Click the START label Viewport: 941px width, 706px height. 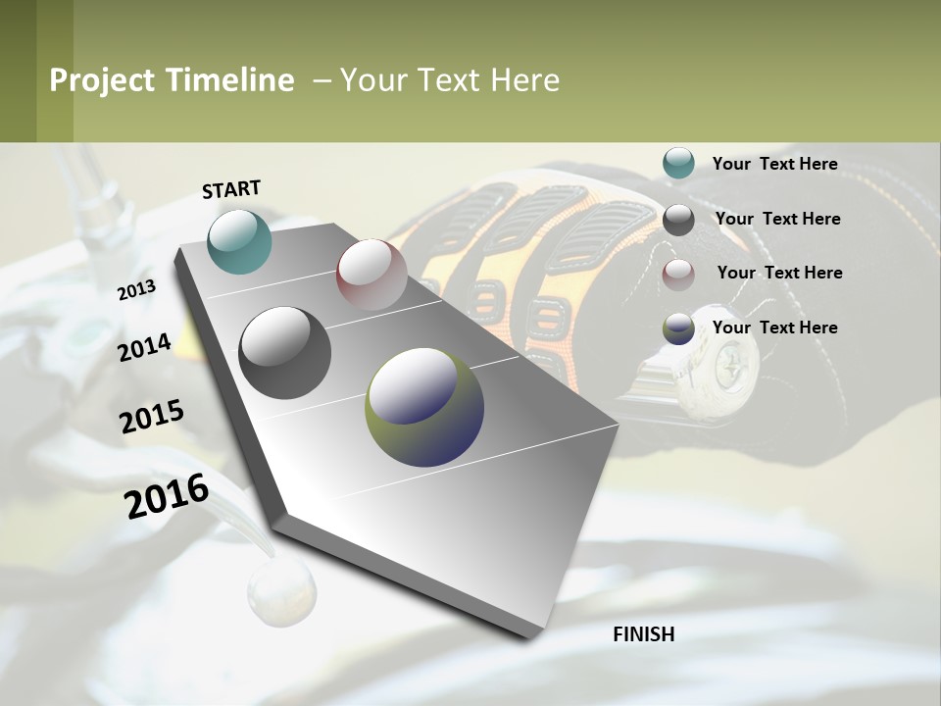[231, 189]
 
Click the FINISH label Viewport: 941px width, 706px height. [644, 634]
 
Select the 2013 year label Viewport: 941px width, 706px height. [136, 290]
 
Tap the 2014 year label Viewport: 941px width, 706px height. [145, 347]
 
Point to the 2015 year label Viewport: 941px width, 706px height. [152, 417]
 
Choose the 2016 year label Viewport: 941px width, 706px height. [167, 496]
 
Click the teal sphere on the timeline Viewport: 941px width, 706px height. [239, 241]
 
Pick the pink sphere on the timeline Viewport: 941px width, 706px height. [371, 274]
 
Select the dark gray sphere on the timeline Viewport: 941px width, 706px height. [285, 353]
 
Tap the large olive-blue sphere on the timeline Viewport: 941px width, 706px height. [424, 407]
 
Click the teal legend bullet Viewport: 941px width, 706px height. [678, 164]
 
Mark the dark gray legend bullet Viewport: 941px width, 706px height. [678, 220]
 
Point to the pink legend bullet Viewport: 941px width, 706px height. [678, 275]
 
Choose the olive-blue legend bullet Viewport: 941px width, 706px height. [678, 328]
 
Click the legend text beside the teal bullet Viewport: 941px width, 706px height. [774, 164]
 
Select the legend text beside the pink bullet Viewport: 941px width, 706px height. [779, 273]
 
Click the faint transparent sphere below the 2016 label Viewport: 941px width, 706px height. [281, 592]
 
